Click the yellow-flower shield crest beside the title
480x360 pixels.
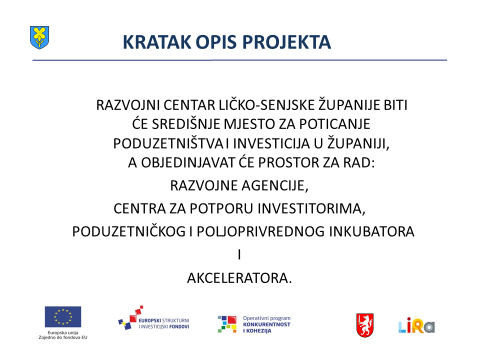coord(39,37)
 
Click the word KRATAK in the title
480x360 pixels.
coord(157,42)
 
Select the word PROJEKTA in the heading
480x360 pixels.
coord(286,42)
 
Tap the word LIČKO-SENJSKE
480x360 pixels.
coord(266,105)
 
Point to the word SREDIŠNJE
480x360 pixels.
coord(186,124)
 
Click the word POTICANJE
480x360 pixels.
coord(334,124)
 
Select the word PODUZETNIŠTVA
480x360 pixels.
coord(168,143)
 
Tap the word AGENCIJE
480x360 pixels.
coord(275,185)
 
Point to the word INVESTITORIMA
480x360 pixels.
coord(311,209)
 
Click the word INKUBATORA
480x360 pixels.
coord(371,231)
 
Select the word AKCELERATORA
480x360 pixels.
coord(239,278)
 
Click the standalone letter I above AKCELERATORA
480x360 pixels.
coord(239,255)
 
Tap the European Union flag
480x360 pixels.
coord(63,317)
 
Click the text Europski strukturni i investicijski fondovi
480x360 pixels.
coord(164,323)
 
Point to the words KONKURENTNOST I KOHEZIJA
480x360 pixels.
coord(266,327)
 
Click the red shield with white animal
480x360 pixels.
coord(365,325)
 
